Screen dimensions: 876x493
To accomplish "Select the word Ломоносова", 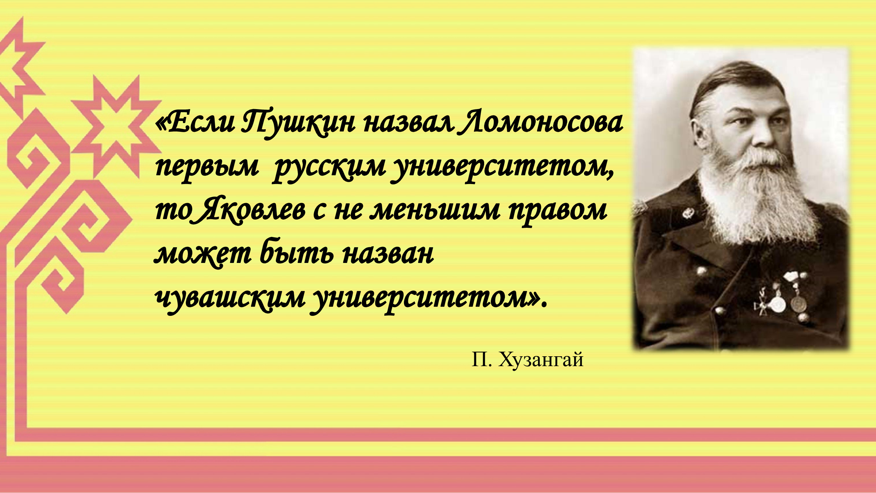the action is [540, 122].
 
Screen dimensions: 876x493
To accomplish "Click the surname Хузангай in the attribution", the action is [541, 360].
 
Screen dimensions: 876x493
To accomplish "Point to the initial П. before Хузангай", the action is [482, 359].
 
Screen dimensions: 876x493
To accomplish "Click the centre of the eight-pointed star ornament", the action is [116, 126].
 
